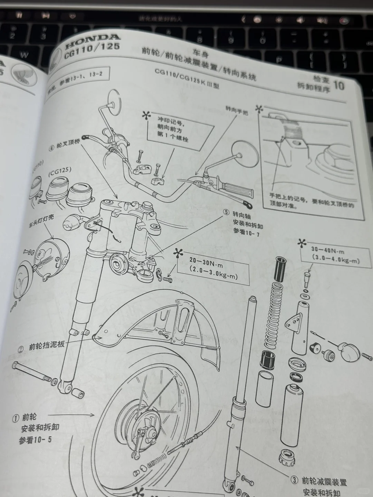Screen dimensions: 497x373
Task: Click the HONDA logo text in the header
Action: [93, 40]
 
